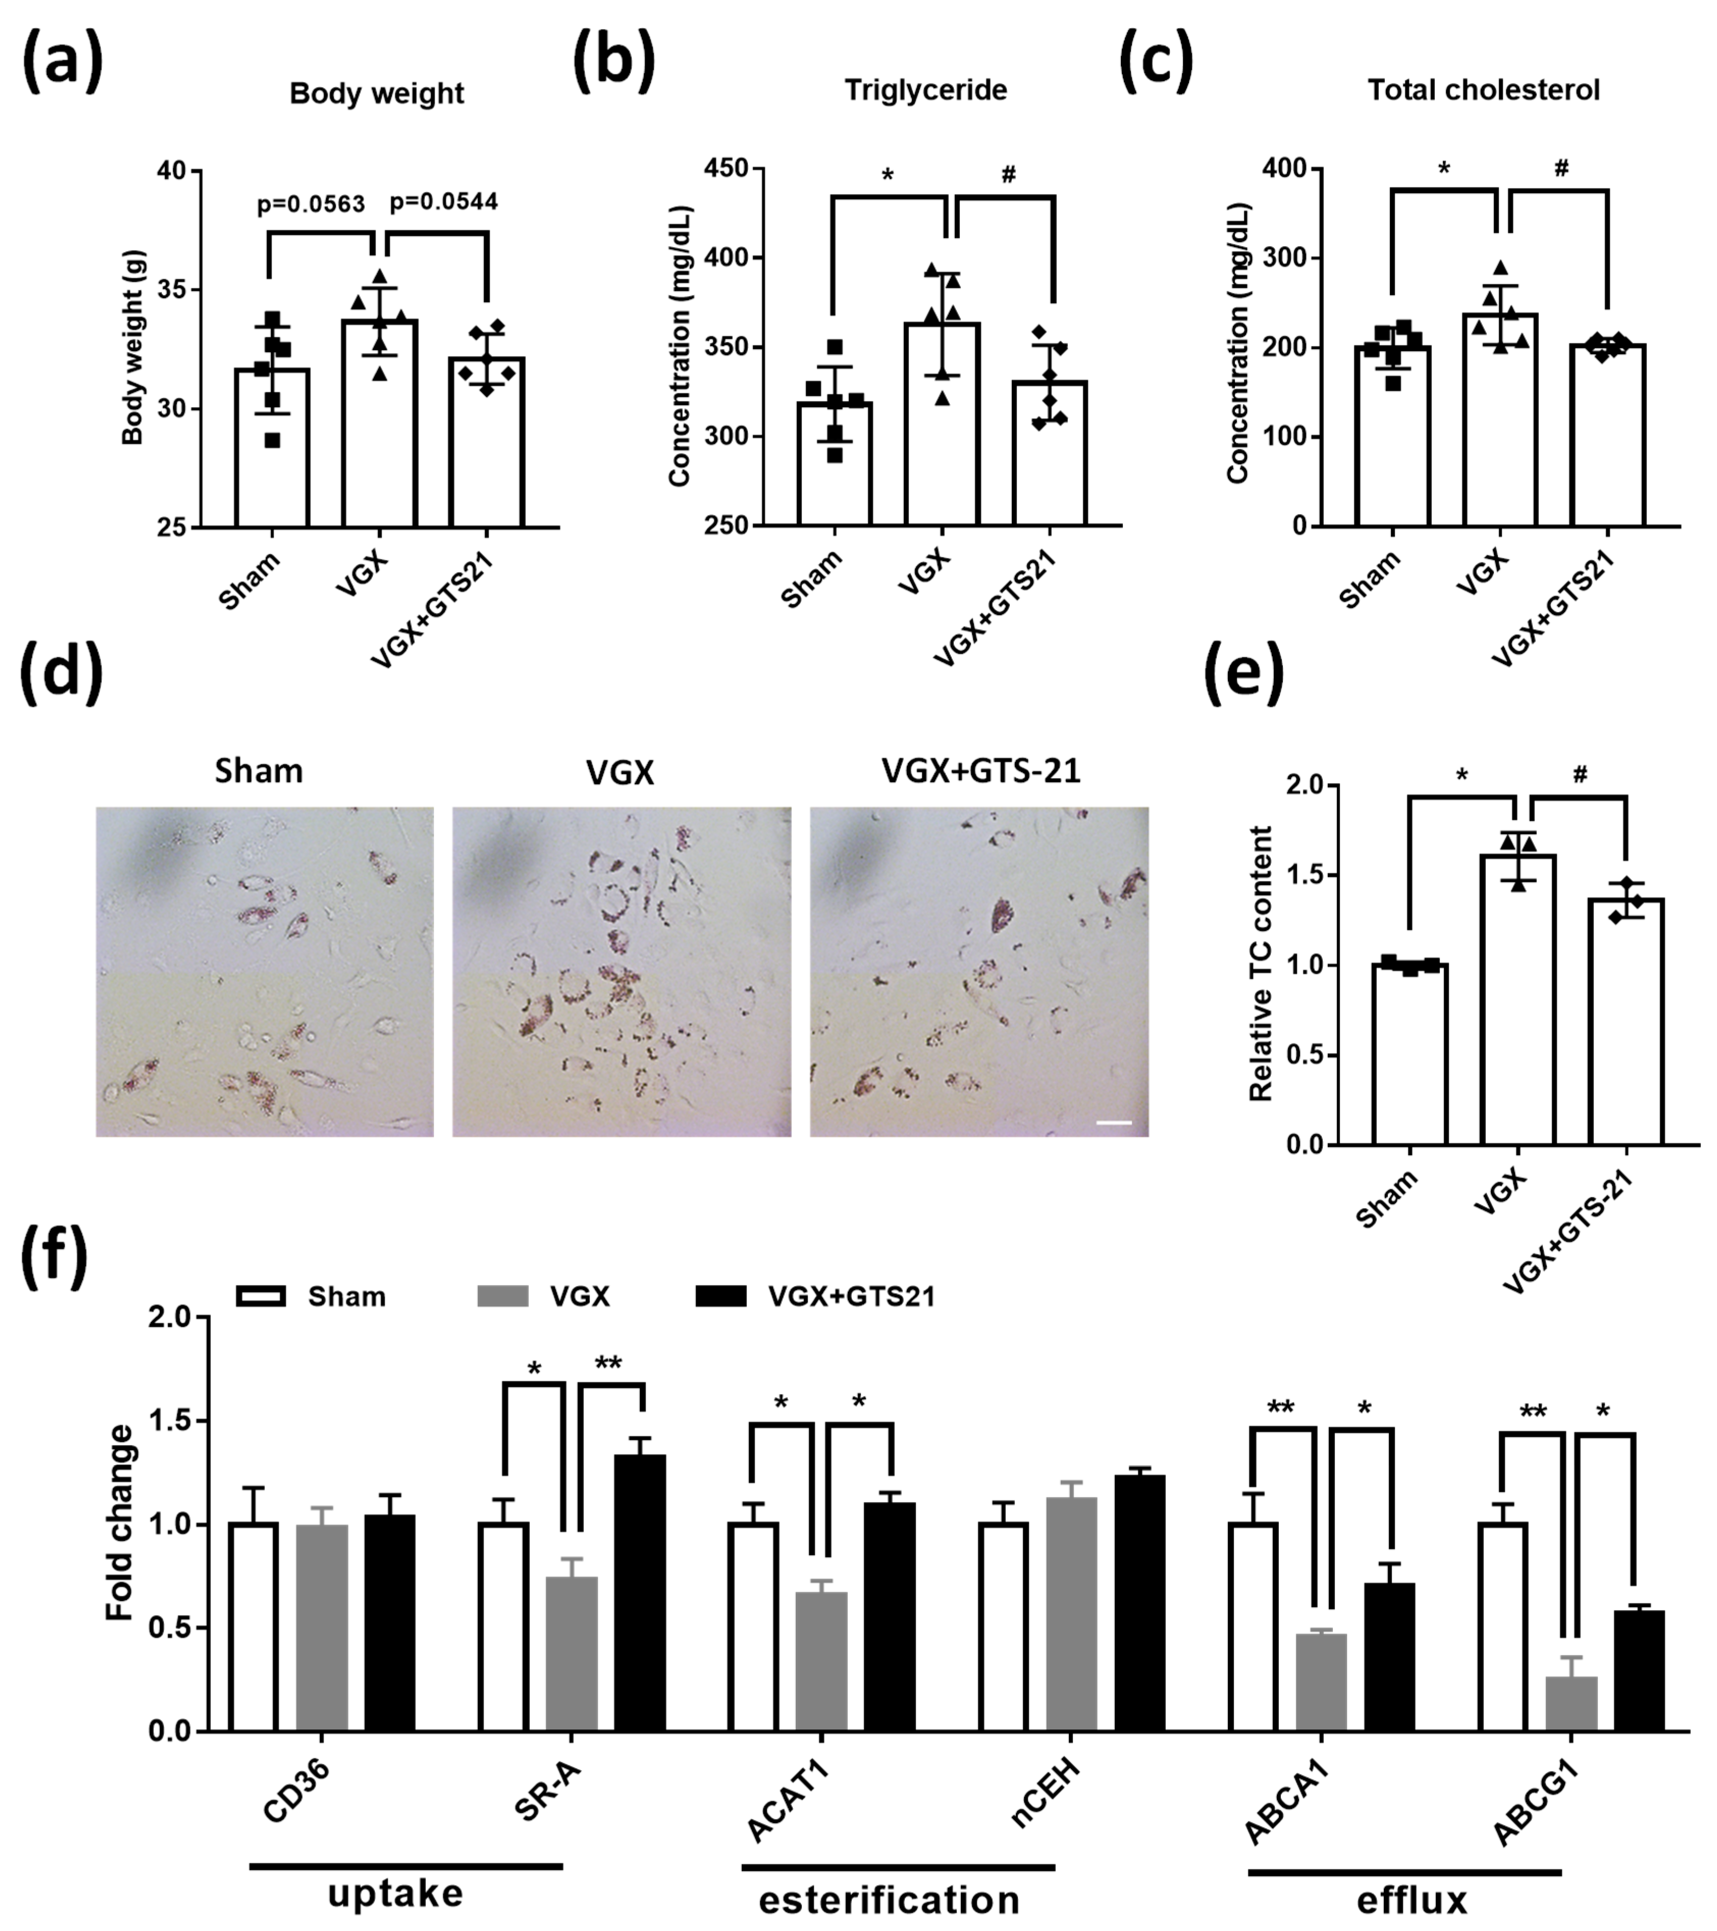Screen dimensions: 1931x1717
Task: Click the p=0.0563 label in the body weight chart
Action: [x=311, y=205]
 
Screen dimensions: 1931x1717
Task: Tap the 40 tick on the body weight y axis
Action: [x=177, y=171]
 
